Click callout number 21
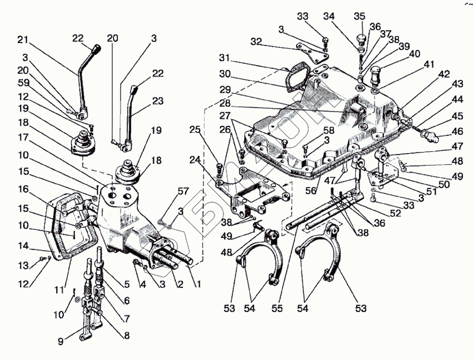23,40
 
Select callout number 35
358,16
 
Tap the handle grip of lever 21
94,46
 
